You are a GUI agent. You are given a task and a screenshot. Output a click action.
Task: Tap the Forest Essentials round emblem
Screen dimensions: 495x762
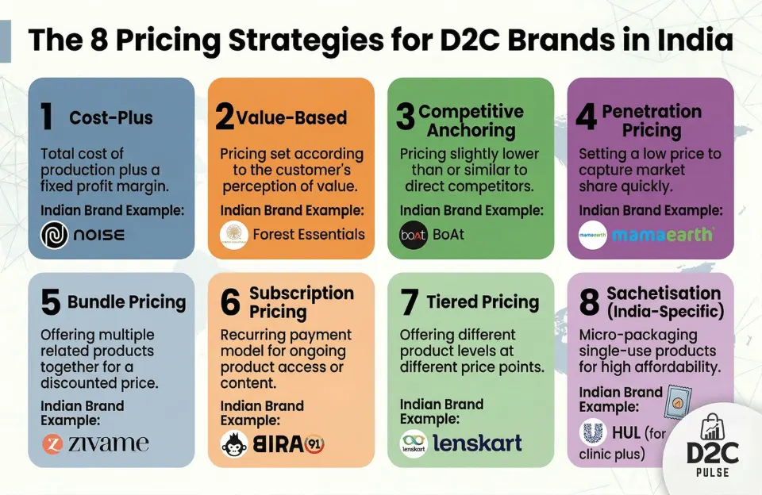233,234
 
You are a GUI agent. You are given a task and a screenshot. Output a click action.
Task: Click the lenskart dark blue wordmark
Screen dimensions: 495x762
476,443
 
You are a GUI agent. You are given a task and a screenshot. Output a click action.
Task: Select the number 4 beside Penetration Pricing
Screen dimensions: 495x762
586,117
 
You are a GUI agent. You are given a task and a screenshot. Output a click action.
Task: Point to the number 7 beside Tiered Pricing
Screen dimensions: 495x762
409,303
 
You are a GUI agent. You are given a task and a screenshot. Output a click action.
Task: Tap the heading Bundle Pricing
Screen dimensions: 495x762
126,302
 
